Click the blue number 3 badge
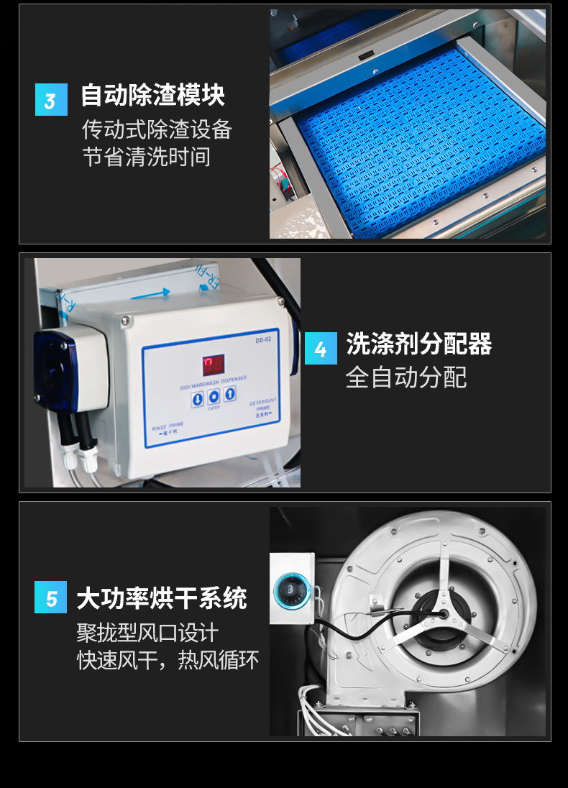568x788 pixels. (x=51, y=99)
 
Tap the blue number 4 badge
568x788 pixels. (x=321, y=349)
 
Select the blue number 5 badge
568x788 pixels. (x=51, y=597)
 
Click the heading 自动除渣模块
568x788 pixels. (x=152, y=96)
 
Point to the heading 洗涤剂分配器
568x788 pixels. (x=418, y=344)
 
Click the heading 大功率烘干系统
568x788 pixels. (x=162, y=598)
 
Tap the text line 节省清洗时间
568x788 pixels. (x=147, y=157)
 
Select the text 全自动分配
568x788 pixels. (x=406, y=377)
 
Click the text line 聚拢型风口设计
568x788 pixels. (x=147, y=633)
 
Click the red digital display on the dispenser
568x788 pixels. (x=213, y=365)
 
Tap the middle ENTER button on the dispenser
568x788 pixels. (x=214, y=397)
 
